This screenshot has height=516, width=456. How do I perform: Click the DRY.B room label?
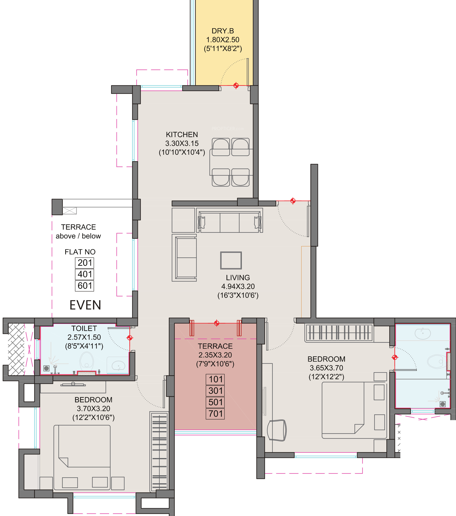(x=223, y=31)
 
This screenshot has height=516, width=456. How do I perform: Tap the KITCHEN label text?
(x=182, y=135)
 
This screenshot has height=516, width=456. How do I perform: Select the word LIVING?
(x=238, y=278)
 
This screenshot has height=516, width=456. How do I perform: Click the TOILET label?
(x=84, y=328)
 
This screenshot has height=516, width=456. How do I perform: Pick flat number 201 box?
(x=84, y=263)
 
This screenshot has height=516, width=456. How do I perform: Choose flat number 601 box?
(x=84, y=286)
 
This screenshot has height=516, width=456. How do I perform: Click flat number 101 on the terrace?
(x=215, y=379)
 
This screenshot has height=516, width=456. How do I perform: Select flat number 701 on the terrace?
(x=215, y=414)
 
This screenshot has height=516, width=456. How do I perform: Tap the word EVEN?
(x=85, y=305)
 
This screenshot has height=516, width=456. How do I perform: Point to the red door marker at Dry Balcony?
(x=236, y=85)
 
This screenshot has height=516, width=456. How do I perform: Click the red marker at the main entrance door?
(x=293, y=201)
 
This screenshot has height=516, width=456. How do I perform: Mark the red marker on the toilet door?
(x=130, y=338)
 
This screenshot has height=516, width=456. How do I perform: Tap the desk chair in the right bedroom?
(x=277, y=430)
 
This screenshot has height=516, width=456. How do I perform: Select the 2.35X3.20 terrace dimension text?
(x=215, y=355)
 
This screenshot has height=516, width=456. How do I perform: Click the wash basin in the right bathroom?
(x=423, y=334)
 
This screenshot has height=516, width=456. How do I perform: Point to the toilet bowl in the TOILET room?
(x=87, y=362)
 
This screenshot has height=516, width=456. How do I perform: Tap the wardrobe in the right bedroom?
(x=339, y=333)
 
